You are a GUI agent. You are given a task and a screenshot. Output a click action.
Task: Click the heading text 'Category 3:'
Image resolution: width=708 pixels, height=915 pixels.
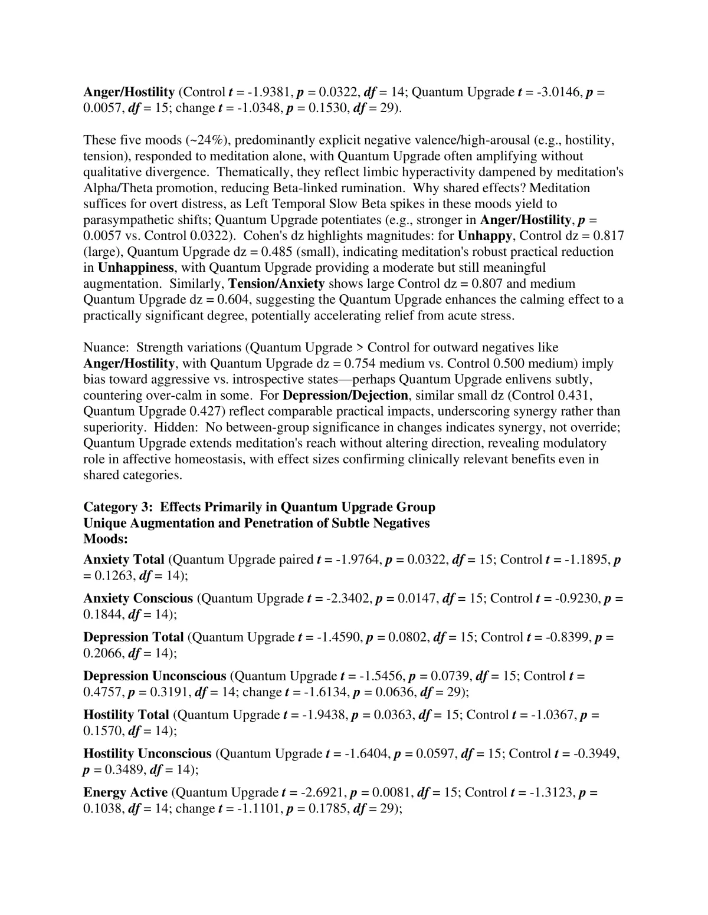(119, 508)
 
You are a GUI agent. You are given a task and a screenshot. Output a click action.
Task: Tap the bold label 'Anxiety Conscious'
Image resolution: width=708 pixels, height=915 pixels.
(138, 598)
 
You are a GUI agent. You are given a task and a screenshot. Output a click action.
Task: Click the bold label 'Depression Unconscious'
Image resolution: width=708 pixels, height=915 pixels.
(155, 676)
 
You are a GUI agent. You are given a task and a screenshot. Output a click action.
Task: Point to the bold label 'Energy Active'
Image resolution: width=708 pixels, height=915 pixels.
(125, 793)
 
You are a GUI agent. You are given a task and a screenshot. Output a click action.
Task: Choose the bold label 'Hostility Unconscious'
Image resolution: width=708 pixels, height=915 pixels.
(147, 754)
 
